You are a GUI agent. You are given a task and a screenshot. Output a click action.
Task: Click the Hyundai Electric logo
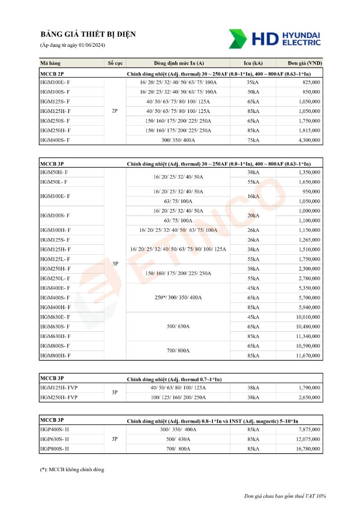tap(274, 39)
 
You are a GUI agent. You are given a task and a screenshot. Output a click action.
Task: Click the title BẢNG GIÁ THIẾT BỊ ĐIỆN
tap(88, 35)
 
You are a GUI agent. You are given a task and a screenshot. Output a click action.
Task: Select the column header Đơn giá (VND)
tap(305, 63)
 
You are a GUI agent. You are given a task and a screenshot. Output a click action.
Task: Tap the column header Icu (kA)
tap(253, 63)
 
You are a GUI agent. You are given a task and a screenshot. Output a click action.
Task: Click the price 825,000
tap(311, 82)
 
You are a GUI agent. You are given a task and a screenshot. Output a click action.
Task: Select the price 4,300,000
tap(309, 140)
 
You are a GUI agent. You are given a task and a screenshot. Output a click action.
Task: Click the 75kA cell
tap(253, 140)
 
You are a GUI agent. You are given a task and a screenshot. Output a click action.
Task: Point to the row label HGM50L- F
tap(54, 182)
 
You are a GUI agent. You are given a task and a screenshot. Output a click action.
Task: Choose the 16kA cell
tap(253, 196)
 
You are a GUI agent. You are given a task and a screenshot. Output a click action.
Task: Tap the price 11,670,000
tap(308, 356)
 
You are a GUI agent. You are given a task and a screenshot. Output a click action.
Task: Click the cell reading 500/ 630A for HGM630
tap(178, 326)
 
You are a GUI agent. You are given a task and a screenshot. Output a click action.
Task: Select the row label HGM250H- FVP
tap(58, 397)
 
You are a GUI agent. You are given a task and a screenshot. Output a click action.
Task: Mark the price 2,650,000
tap(309, 397)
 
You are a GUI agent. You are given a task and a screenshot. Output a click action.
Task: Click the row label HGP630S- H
tap(54, 439)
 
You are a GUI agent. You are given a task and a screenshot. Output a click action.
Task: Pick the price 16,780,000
tap(308, 449)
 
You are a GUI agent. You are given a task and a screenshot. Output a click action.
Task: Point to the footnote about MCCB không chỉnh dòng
tap(72, 469)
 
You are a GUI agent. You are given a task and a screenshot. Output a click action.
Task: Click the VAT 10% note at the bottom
tap(285, 496)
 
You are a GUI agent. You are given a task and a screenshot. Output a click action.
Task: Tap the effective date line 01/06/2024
tap(72, 45)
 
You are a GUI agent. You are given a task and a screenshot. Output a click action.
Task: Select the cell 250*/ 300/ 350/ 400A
tap(178, 297)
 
